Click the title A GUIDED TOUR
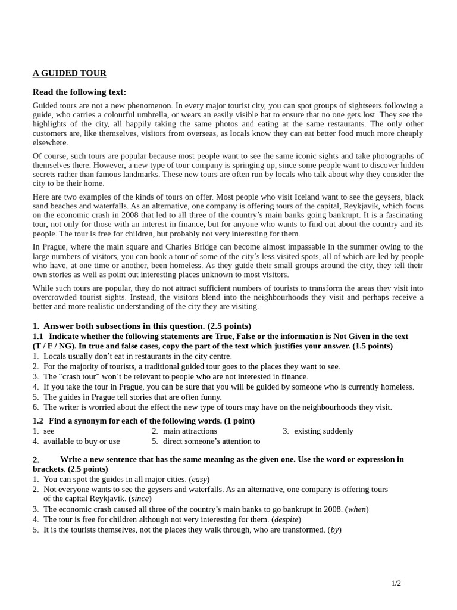tap(69, 73)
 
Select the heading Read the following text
tap(79, 92)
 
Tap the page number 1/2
tap(396, 583)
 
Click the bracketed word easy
tap(199, 479)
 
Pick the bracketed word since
tap(141, 499)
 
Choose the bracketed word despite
tap(286, 519)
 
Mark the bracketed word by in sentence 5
tap(334, 530)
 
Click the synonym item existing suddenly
tap(323, 431)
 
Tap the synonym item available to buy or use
tap(82, 441)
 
